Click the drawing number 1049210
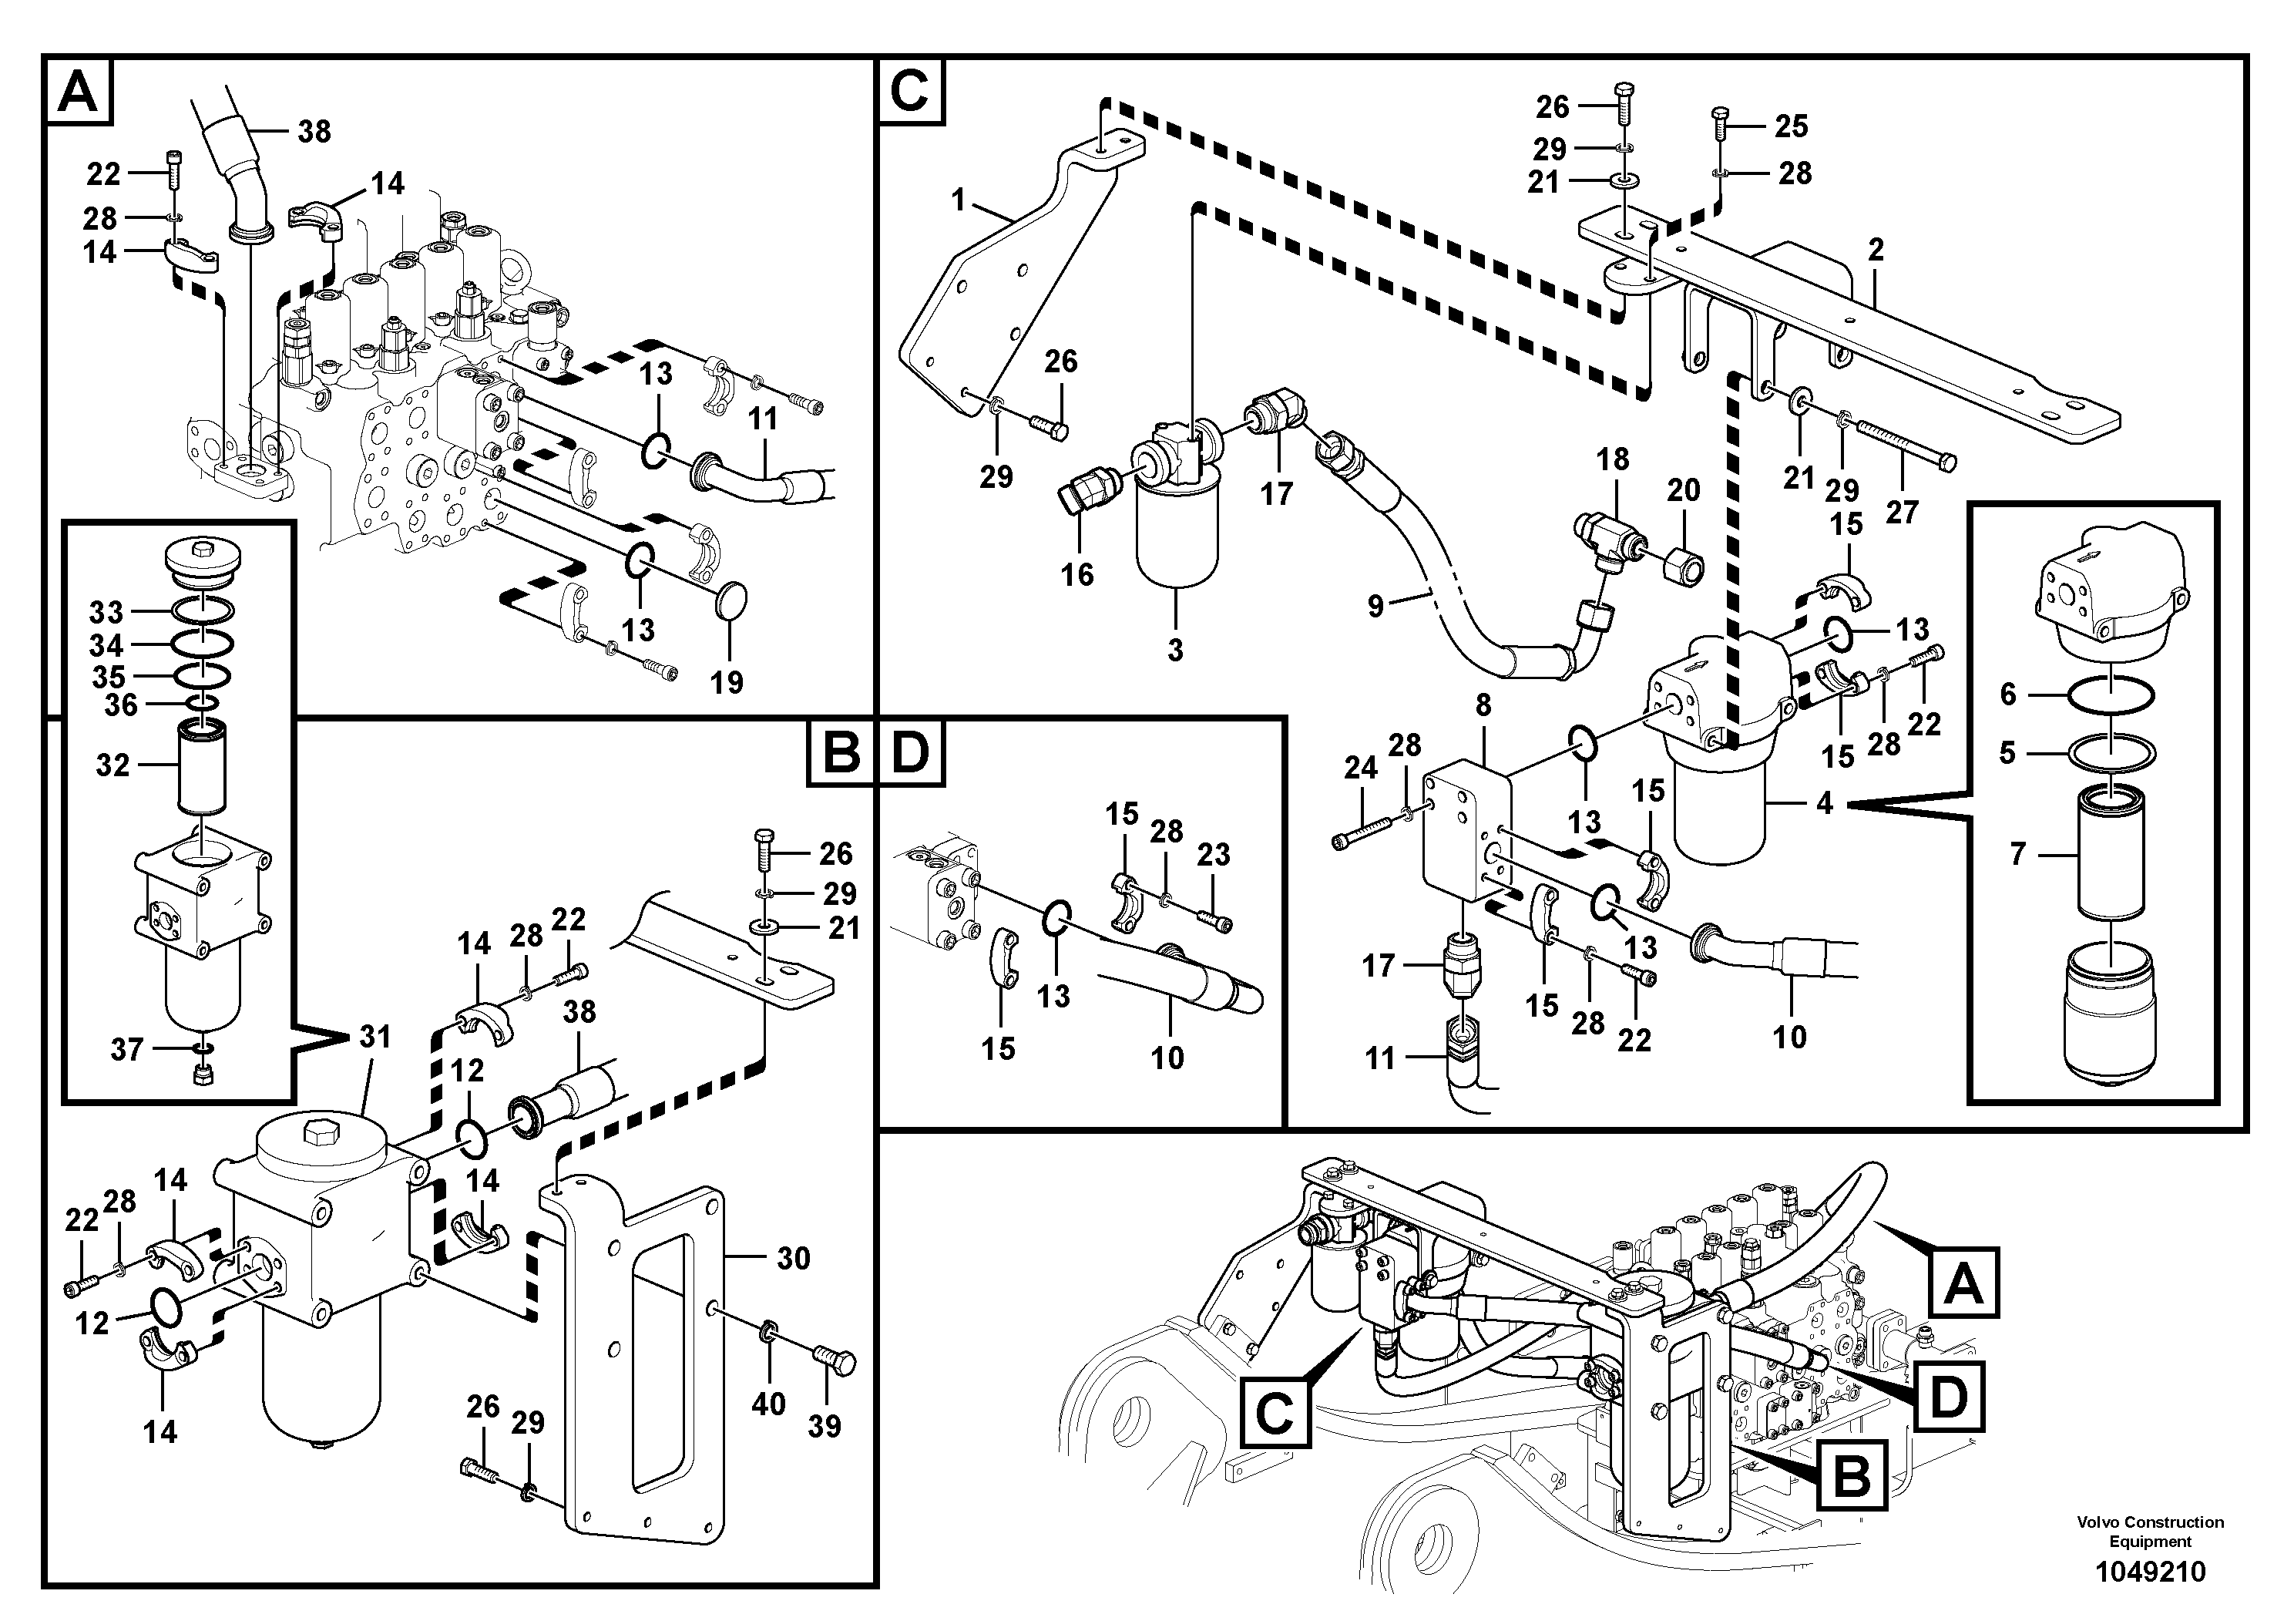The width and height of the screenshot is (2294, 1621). (x=2149, y=1572)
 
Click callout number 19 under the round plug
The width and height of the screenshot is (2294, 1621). (x=727, y=683)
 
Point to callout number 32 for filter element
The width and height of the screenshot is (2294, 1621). (x=113, y=765)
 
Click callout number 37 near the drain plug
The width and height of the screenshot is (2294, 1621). (x=126, y=1051)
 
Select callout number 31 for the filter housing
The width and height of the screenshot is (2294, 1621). (x=374, y=1038)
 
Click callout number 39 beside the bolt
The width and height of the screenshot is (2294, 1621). (x=825, y=1426)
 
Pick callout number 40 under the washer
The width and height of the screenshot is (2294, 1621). (x=768, y=1404)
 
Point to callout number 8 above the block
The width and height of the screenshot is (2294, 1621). (x=1483, y=705)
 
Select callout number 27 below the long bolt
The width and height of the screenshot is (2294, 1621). (x=1903, y=513)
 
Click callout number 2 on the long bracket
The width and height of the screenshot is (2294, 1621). (x=1876, y=250)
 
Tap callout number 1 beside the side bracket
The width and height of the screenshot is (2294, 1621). (x=958, y=201)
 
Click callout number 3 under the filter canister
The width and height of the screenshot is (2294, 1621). (x=1175, y=651)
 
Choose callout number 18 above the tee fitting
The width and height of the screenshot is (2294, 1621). (x=1613, y=459)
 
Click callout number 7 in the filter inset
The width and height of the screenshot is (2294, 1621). (x=2017, y=855)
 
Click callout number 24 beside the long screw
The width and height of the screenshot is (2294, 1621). (x=1361, y=768)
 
